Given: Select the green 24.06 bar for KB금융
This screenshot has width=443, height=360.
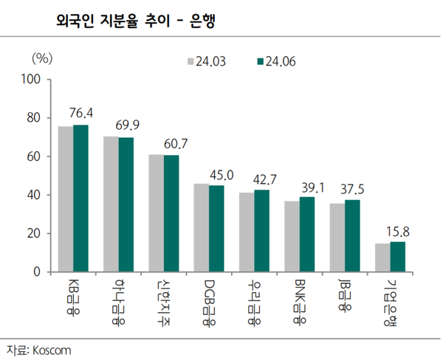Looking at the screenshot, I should (80, 198).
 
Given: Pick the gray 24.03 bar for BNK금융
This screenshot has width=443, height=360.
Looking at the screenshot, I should (292, 236).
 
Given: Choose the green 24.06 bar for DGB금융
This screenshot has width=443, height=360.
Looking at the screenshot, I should (216, 229).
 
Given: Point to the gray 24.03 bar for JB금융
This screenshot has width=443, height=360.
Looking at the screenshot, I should (337, 238).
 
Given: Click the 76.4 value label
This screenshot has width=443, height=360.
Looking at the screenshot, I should (81, 113).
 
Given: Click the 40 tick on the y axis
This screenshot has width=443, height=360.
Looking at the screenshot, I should (34, 195).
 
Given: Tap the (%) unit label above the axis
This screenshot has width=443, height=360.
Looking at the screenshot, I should (41, 56).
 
